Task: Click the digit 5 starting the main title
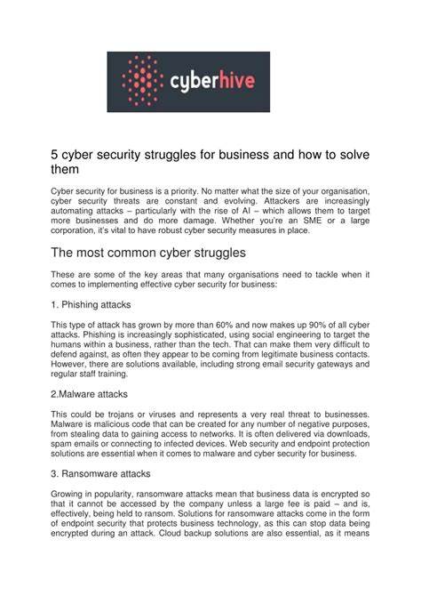[x=55, y=156]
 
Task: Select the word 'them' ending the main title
[x=68, y=170]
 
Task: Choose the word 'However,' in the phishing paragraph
[x=72, y=362]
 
